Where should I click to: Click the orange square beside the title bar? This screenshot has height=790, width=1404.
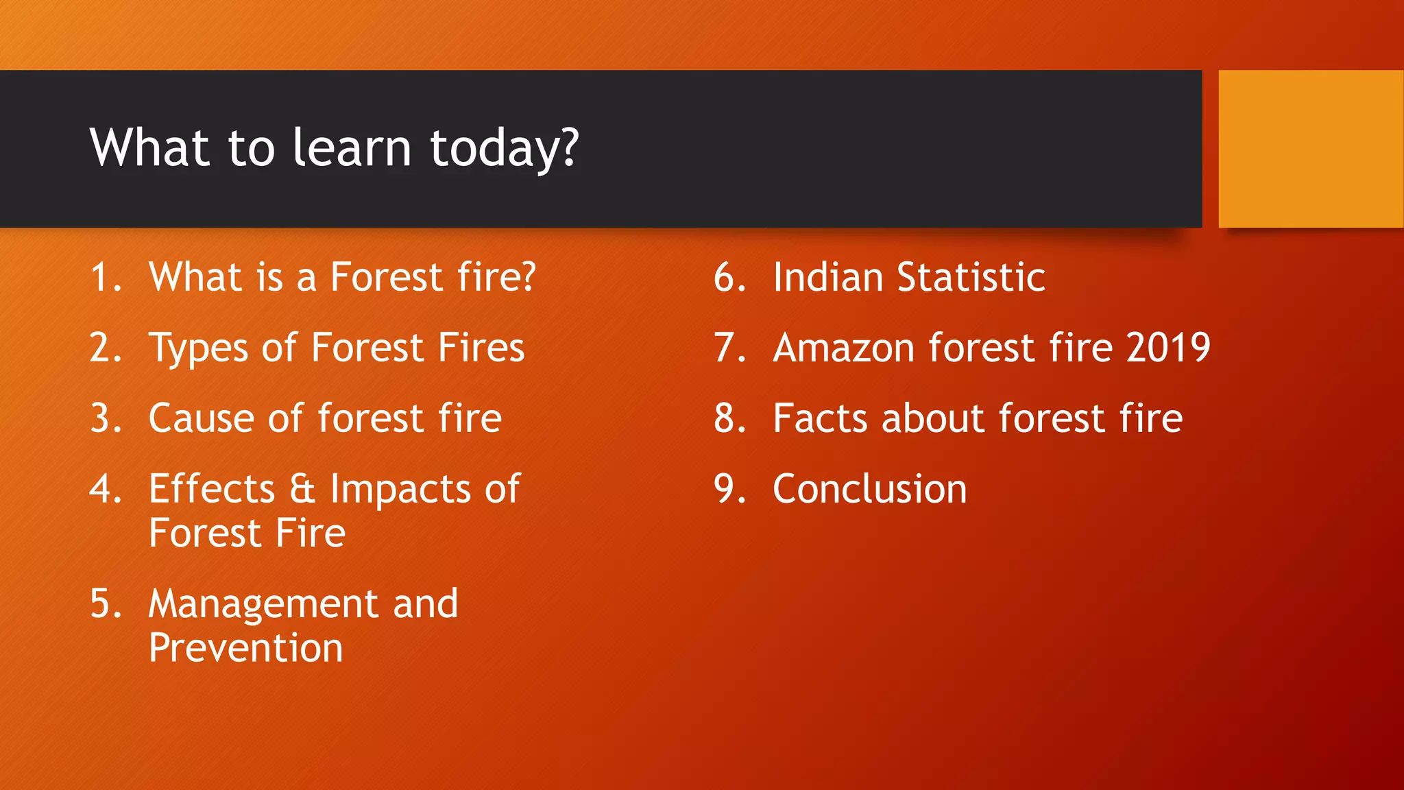[1310, 149]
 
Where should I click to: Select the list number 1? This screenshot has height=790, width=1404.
[104, 278]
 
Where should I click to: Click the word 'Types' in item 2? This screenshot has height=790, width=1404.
[198, 348]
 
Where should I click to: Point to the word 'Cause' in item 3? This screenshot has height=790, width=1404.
[201, 418]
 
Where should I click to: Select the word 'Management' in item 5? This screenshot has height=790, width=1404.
[263, 605]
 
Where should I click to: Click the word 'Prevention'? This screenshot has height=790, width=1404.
[245, 648]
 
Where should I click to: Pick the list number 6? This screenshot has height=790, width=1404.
[729, 278]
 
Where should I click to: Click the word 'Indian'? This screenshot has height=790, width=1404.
[827, 277]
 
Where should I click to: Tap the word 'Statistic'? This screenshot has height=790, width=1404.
[971, 277]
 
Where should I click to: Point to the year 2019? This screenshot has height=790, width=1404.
[1168, 348]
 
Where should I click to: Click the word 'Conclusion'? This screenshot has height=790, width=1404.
[869, 489]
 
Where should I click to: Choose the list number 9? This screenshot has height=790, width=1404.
[729, 489]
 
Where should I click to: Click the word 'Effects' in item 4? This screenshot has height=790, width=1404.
[212, 490]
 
